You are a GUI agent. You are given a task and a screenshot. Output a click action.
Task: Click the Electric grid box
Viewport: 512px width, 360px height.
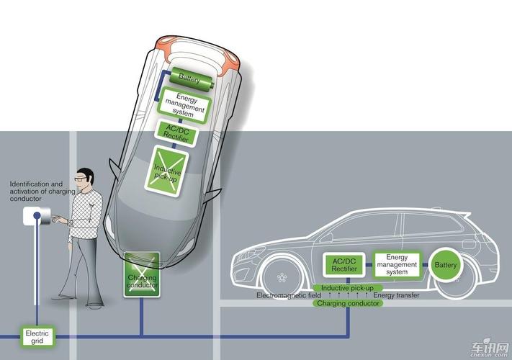(37, 336)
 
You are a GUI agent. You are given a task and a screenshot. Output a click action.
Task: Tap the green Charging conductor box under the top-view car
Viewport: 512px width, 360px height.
(142, 275)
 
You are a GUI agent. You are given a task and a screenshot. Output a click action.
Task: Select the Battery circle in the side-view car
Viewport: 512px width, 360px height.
(446, 266)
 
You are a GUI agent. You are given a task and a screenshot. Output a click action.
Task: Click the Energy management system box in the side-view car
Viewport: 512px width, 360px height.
(397, 265)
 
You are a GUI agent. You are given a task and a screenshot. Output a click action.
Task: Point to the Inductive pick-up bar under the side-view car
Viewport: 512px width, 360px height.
(347, 288)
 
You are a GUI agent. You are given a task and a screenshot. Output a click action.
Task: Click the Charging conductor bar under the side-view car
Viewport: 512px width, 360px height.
(347, 303)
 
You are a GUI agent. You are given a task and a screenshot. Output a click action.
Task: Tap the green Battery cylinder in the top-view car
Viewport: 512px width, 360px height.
(190, 76)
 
